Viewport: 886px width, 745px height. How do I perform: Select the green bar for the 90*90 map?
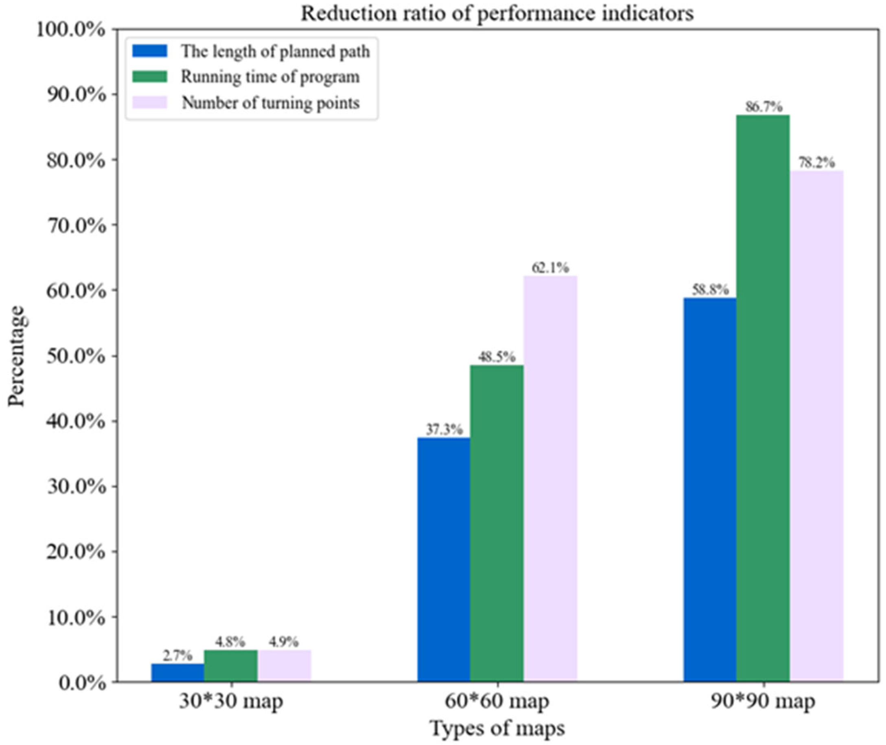(763, 397)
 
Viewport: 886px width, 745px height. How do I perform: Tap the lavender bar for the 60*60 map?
(550, 477)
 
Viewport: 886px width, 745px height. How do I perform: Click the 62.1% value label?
(550, 267)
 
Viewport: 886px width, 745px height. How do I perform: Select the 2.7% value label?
(178, 655)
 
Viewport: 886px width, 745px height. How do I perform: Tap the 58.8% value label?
(710, 289)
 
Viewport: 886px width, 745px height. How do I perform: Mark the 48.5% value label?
(497, 357)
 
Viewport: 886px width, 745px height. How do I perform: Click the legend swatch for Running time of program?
(150, 77)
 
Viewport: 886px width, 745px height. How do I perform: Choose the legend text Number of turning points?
(270, 103)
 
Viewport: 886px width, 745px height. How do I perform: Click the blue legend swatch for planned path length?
(150, 51)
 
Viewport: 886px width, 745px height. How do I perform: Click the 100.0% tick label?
(71, 30)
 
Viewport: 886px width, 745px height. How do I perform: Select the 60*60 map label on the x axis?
(497, 702)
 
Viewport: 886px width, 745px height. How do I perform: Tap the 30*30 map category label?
(231, 702)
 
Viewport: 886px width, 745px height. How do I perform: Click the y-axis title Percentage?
(17, 356)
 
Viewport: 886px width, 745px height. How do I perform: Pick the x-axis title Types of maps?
(497, 729)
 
